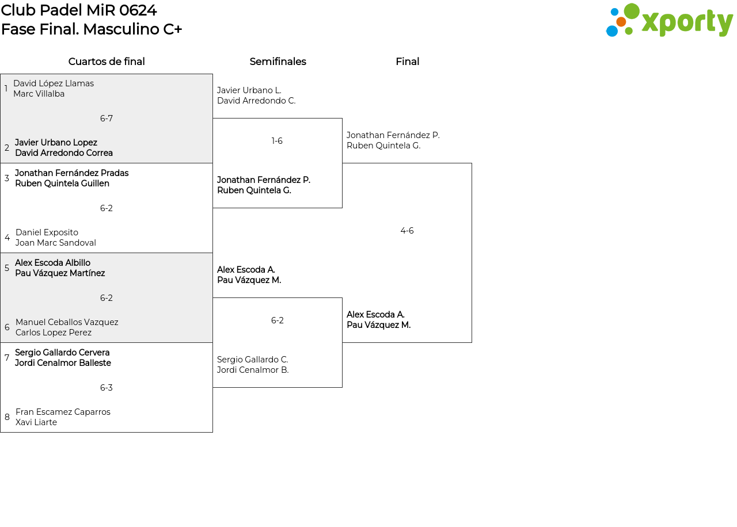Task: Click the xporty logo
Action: coord(669,21)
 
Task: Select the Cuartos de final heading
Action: coord(107,62)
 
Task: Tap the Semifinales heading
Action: coord(278,62)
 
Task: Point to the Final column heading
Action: coord(407,62)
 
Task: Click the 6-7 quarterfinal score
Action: coord(107,119)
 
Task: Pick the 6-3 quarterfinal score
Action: coord(107,388)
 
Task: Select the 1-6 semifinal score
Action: coord(277,141)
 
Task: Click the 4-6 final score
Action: coord(407,231)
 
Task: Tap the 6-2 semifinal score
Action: coord(277,320)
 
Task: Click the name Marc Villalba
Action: coord(39,94)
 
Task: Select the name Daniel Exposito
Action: coord(47,232)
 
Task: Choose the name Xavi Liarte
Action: coord(36,422)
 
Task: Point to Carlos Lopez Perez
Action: coord(54,333)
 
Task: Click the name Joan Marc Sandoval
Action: coord(56,243)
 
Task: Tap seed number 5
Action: coord(7,268)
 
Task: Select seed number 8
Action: coord(7,417)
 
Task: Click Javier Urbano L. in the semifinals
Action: coord(249,90)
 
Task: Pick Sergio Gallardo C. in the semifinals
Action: coord(252,360)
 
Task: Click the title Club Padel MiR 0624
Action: coord(79,10)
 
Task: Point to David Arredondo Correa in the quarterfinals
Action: coord(64,153)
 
